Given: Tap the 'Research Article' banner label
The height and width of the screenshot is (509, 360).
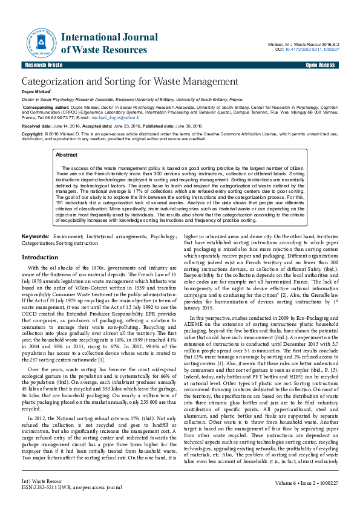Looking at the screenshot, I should [43, 65].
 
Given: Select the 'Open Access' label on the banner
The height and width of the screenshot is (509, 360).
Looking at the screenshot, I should [320, 65].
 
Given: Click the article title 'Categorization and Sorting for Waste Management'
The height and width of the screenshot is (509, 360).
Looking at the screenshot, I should [130, 82].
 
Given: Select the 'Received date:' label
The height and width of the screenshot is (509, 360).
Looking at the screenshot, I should [39, 125].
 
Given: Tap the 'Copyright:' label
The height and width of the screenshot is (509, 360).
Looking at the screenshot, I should [33, 133].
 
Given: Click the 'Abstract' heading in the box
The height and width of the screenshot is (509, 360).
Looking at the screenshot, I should [67, 155].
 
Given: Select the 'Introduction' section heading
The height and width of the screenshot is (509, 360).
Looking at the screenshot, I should [40, 257].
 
